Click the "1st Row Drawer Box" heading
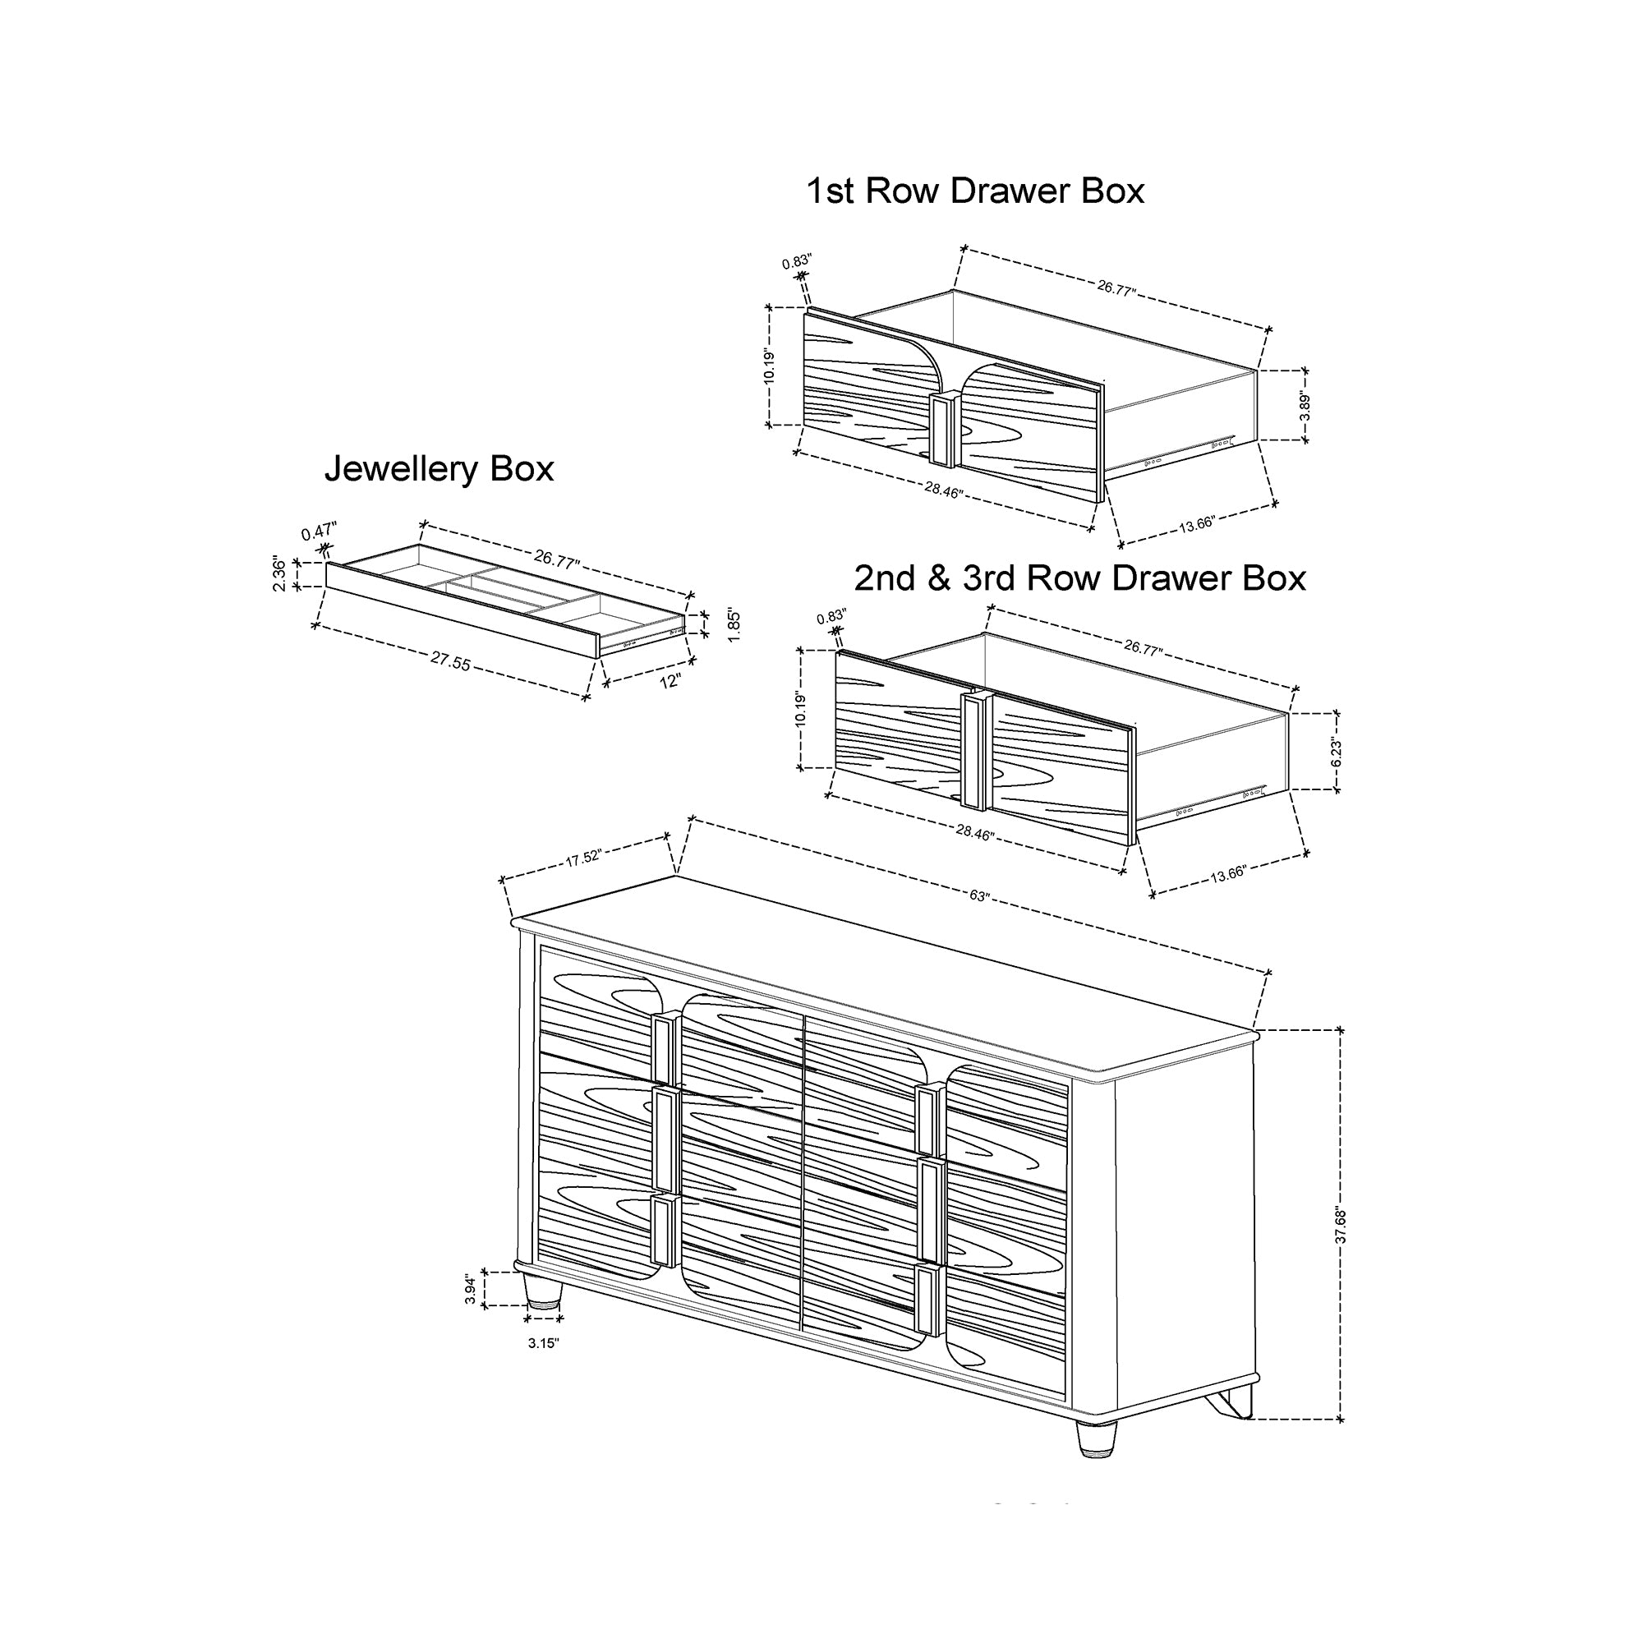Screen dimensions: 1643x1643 974,191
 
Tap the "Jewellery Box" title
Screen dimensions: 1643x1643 439,469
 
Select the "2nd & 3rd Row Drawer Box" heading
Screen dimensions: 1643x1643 1080,578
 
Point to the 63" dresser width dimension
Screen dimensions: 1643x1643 979,896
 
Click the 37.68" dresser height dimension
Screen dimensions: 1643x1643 1342,1226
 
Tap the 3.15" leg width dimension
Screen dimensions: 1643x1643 543,1344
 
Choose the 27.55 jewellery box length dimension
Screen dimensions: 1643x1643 450,661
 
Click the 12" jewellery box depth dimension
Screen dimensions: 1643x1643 670,681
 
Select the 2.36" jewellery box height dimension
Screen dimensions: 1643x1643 280,574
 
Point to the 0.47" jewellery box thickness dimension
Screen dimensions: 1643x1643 320,532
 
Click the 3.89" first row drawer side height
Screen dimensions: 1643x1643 1305,406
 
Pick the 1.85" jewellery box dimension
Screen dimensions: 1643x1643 734,625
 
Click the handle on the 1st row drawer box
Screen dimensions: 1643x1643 942,430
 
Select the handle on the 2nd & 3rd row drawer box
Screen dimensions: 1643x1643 974,750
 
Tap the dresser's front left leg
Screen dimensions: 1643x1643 543,1289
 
